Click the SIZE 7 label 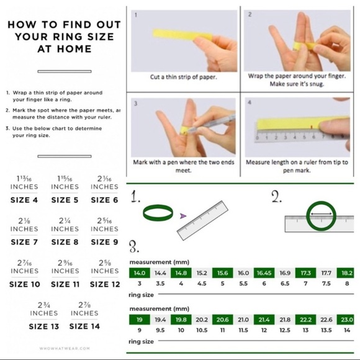point(24,242)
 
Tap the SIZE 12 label point(105,284)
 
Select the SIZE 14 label point(84,326)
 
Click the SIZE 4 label point(24,200)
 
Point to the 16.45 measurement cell point(264,272)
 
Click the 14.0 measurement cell point(139,272)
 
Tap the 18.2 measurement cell point(346,272)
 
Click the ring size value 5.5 point(243,284)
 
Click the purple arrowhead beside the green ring point(182,216)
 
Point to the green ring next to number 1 point(158,214)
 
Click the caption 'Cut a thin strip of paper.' point(183,78)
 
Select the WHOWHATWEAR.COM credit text point(65,349)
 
